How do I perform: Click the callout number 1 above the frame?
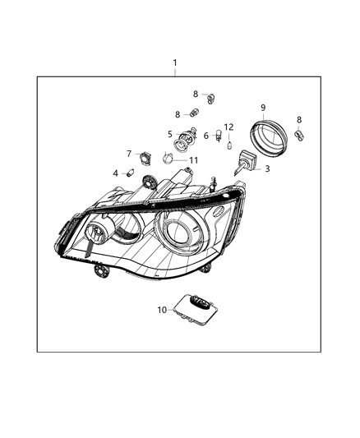(174, 63)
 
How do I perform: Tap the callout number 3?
(266, 168)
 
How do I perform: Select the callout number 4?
(116, 173)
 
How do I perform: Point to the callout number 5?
(170, 134)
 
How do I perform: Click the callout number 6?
(206, 135)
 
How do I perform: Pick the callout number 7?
(129, 153)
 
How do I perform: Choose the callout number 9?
(263, 108)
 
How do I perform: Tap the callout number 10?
(162, 310)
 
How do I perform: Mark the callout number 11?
(194, 160)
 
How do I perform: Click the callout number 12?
(229, 127)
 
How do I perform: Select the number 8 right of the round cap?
(299, 119)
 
